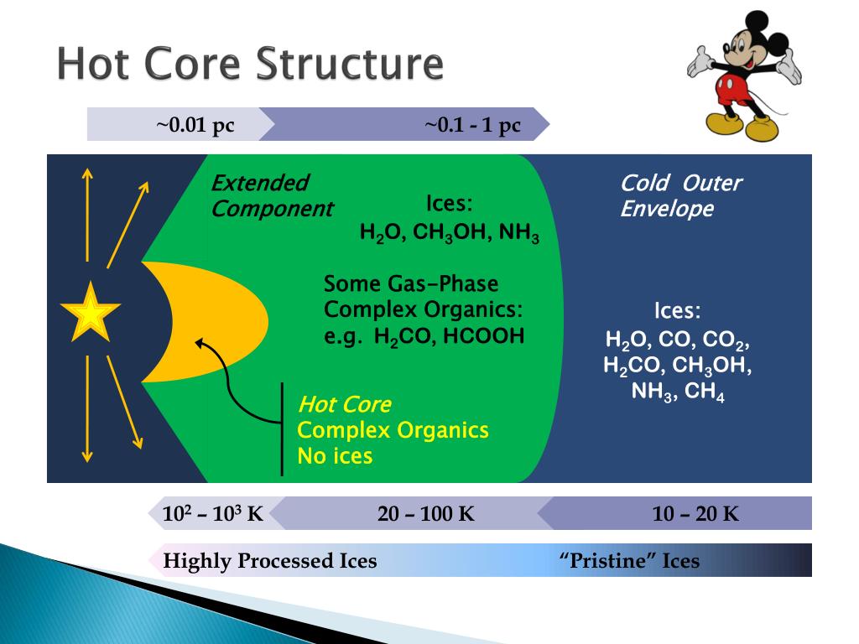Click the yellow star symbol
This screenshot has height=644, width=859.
point(90,312)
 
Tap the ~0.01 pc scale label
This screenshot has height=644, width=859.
point(195,126)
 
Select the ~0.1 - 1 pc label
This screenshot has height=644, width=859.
point(472,126)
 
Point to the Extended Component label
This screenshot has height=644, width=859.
point(271,195)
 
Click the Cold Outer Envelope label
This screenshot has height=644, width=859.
point(680,195)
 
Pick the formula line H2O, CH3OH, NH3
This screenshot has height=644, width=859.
point(449,232)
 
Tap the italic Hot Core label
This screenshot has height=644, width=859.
point(344,405)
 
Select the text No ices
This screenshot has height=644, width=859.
point(335,456)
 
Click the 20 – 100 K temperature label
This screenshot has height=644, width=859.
point(426,514)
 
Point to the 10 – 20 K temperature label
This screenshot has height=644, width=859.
point(695,514)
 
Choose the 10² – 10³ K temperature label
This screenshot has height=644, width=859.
point(212,514)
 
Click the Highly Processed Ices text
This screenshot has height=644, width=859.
point(269,561)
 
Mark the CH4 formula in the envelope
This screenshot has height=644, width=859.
point(705,392)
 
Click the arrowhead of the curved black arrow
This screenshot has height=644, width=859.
point(199,342)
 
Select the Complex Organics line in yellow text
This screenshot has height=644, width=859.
point(393,430)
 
